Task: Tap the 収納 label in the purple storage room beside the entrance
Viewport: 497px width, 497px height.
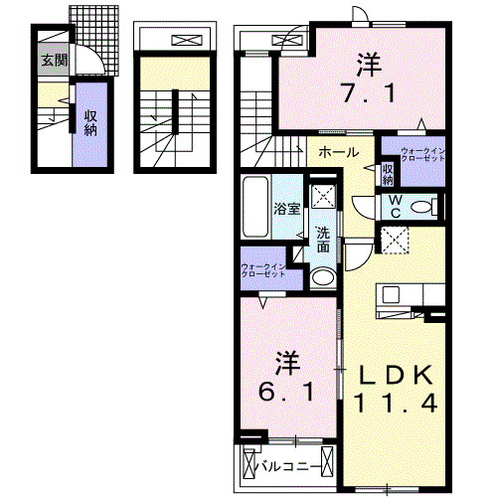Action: (x=89, y=124)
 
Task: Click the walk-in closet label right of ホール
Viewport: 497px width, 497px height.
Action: (x=423, y=155)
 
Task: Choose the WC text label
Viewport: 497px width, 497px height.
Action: (x=395, y=206)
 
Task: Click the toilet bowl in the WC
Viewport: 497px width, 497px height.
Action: (x=421, y=207)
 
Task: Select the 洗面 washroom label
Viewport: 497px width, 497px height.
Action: (x=324, y=240)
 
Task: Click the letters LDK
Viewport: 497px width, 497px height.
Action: (x=395, y=376)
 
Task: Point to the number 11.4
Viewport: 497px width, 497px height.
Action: (x=395, y=403)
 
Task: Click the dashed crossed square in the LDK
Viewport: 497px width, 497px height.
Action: (x=395, y=241)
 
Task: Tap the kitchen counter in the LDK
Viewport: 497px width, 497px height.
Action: (x=408, y=295)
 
